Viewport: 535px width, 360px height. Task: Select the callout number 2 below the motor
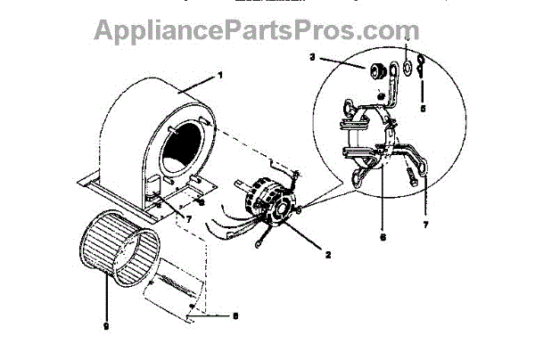(329, 255)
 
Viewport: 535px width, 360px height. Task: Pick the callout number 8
(235, 315)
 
